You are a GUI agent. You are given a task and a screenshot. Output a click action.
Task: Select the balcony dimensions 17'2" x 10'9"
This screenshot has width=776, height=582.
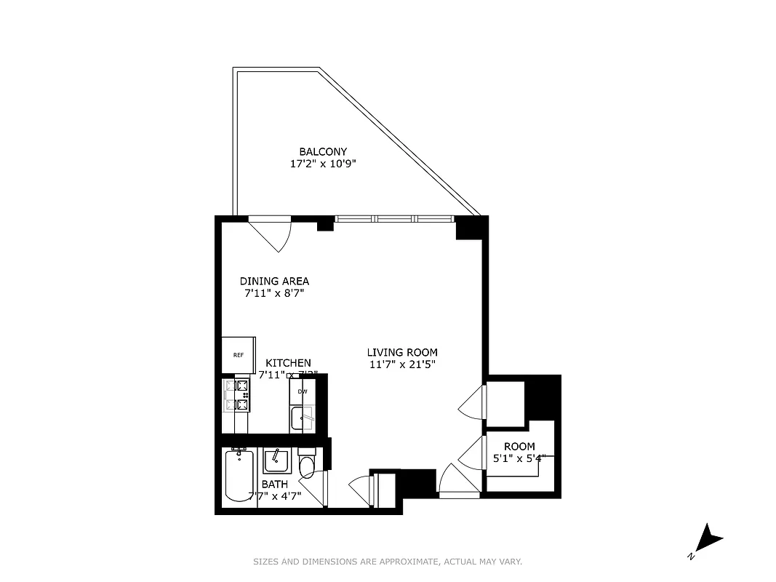[323, 164]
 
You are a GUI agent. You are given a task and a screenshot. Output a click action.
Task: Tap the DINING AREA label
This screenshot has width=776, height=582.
[274, 281]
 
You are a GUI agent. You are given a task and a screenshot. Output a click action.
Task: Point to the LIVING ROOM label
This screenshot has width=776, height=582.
[402, 352]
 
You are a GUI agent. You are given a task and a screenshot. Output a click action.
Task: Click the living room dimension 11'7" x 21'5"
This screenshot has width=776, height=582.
[402, 364]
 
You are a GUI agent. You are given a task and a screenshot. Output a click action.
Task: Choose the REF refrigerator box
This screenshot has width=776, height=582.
[238, 355]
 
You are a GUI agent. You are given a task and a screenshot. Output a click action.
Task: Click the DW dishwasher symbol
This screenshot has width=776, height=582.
[303, 392]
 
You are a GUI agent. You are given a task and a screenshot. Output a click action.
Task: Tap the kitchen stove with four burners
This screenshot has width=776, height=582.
[238, 396]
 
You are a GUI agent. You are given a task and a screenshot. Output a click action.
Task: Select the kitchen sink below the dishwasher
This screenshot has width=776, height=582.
[302, 418]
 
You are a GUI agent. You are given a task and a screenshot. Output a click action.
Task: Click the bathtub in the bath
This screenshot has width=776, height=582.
[239, 477]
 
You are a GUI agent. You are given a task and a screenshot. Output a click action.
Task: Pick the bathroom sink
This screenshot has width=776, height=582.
[276, 458]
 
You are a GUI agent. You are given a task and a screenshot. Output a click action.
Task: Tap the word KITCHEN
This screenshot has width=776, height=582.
[288, 362]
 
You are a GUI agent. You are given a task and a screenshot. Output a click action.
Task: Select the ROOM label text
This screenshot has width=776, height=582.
[519, 446]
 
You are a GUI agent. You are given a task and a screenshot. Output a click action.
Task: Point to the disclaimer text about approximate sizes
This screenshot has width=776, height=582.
[388, 562]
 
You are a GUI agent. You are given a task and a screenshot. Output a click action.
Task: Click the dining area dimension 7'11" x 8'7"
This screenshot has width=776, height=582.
[274, 294]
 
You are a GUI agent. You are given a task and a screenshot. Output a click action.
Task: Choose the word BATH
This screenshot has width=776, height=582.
[274, 484]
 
